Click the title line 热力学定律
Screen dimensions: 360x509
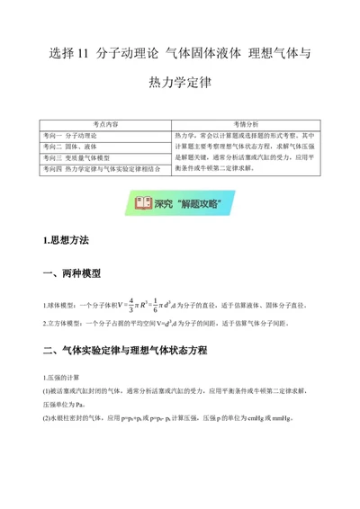coord(180,85)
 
